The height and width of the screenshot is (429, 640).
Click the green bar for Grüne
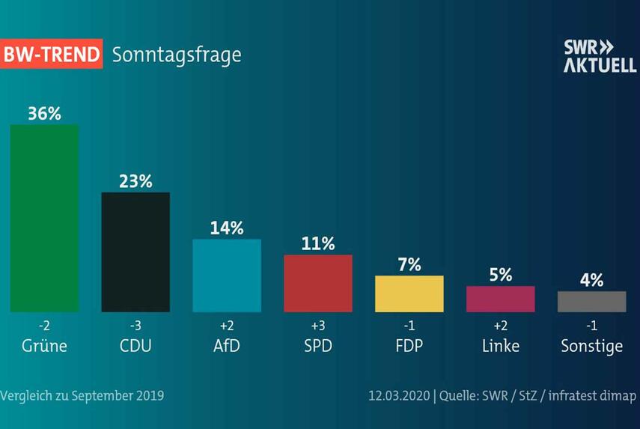[x=44, y=218]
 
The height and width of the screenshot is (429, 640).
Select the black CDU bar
[x=135, y=252]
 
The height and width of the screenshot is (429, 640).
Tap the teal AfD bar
[x=227, y=276]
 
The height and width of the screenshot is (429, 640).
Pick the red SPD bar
[x=318, y=283]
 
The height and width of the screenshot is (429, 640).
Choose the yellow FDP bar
[x=409, y=293]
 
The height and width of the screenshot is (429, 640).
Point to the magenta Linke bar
[x=501, y=299]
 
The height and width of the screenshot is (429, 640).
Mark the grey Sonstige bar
[x=592, y=301]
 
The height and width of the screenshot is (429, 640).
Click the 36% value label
[x=44, y=113]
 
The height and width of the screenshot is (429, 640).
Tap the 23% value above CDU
[x=135, y=181]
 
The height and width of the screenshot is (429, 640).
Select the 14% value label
[x=227, y=228]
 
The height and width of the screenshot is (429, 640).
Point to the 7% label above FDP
[x=409, y=264]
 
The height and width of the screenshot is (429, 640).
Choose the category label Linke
[x=501, y=346]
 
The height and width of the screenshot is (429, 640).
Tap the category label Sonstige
[x=592, y=346]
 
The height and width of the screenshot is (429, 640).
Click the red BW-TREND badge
[x=51, y=55]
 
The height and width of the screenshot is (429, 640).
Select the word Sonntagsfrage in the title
[x=177, y=55]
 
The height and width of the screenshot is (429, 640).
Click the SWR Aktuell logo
[x=600, y=56]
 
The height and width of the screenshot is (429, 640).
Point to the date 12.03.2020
[x=397, y=395]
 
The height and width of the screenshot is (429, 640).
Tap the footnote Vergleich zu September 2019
[x=82, y=395]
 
